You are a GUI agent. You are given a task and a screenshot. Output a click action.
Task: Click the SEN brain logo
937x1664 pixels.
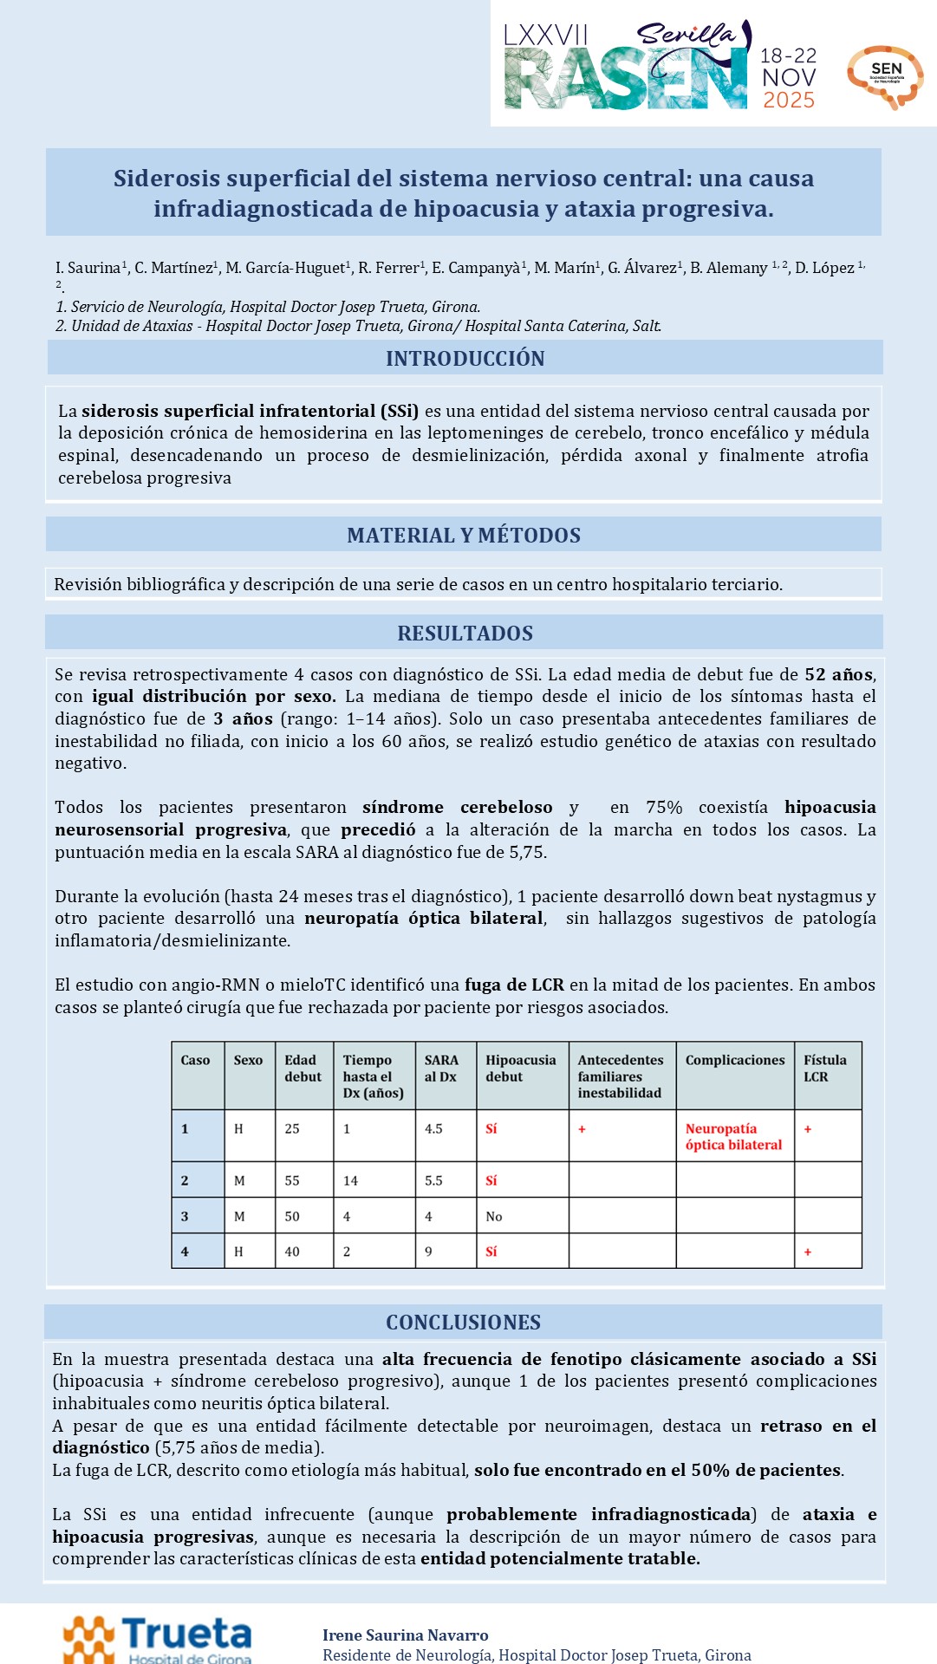click(885, 76)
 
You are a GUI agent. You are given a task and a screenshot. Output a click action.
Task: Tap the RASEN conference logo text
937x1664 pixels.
click(625, 78)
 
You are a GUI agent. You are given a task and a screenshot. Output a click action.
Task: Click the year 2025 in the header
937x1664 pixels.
click(788, 101)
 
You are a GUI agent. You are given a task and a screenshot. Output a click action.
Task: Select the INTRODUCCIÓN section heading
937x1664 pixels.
click(465, 359)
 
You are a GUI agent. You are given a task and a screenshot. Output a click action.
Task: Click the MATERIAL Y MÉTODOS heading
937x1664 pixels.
click(464, 536)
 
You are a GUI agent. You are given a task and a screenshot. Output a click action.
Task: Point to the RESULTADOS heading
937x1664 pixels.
click(465, 634)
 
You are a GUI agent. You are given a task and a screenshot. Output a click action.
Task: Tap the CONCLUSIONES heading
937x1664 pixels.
click(463, 1323)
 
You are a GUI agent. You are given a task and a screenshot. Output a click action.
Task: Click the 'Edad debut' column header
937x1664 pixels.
click(303, 1068)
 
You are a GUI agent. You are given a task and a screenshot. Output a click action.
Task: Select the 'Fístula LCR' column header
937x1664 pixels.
click(824, 1068)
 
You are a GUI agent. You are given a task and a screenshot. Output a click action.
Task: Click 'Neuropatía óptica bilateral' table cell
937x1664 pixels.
click(733, 1136)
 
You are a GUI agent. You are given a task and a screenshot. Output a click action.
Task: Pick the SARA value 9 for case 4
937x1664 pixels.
click(428, 1251)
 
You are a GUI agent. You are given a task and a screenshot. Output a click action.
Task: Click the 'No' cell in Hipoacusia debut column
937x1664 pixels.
click(494, 1217)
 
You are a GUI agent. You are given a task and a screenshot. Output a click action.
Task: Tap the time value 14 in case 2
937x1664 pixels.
click(350, 1180)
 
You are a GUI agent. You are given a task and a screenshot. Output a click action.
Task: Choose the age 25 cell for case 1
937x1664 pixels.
click(292, 1128)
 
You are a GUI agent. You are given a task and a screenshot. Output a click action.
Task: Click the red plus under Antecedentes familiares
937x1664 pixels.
click(582, 1128)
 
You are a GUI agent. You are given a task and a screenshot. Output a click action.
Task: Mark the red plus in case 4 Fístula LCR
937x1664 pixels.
click(808, 1251)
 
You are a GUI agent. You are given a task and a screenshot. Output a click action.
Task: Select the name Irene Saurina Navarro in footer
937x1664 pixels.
click(405, 1635)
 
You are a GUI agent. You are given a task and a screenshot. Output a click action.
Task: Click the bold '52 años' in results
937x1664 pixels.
click(838, 674)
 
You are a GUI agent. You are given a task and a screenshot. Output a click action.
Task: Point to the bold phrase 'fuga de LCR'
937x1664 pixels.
click(514, 985)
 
